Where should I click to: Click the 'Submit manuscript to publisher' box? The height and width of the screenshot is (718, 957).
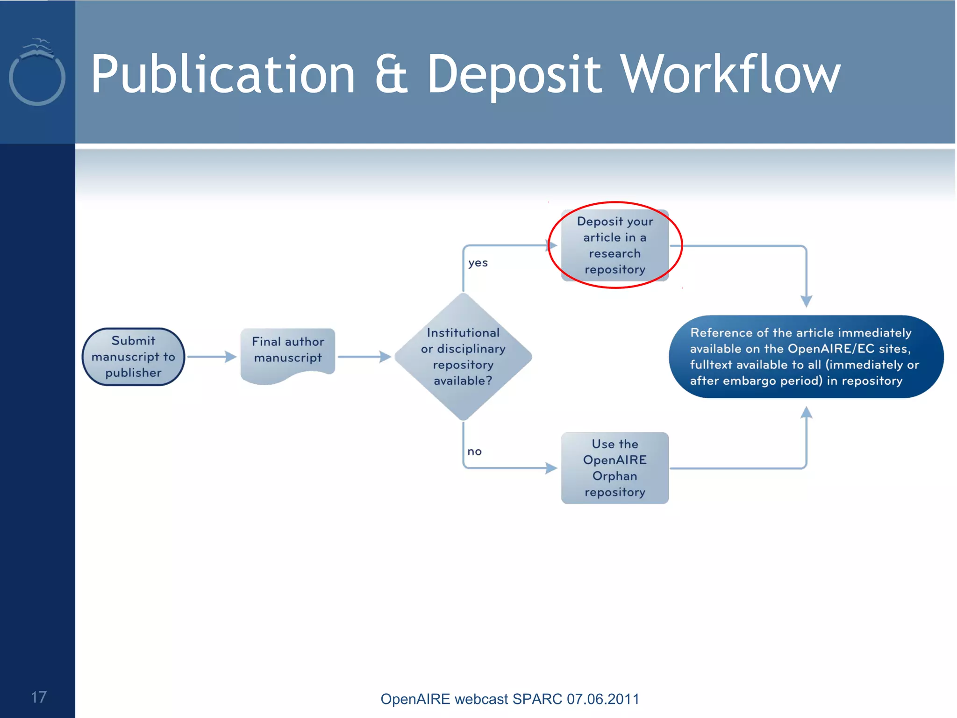tap(133, 357)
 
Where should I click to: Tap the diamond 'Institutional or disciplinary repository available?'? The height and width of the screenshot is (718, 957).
tap(463, 357)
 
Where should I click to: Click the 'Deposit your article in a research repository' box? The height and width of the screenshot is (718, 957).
tap(614, 245)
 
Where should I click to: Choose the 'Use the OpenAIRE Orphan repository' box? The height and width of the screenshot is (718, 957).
tap(614, 467)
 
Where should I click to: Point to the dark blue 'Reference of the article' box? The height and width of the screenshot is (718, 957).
tap(806, 357)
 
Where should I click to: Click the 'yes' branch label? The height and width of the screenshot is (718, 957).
tap(478, 263)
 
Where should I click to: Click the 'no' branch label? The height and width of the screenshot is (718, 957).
tap(474, 452)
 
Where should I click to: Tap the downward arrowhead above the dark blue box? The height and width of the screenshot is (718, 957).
tap(806, 301)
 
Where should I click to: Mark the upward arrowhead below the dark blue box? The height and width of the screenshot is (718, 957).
tap(806, 412)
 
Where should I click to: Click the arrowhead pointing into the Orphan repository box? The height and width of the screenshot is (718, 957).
tap(551, 467)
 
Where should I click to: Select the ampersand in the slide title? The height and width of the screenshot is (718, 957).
tap(392, 75)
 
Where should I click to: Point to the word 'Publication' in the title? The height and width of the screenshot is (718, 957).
tap(223, 75)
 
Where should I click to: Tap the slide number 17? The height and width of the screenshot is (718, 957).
tap(39, 697)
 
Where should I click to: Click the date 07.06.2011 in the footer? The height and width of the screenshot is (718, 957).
tap(603, 699)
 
